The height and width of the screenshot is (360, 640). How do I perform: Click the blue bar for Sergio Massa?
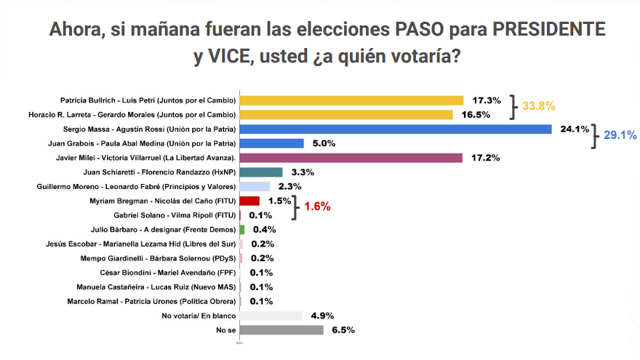pos(396,129)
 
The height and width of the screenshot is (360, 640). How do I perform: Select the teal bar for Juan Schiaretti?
pos(255,172)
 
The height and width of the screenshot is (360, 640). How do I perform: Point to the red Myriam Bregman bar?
pos(249,201)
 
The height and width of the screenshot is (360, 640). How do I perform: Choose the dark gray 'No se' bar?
pos(281,330)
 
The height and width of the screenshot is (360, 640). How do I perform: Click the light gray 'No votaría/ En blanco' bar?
pos(271,316)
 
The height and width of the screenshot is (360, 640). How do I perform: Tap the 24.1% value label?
pos(575,129)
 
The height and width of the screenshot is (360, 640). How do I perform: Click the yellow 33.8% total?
pos(539,108)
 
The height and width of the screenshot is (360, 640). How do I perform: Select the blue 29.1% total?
pos(620,135)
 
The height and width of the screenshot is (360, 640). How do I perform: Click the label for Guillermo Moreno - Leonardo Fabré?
pos(136,186)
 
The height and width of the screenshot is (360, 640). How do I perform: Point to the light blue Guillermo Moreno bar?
pos(255,186)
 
